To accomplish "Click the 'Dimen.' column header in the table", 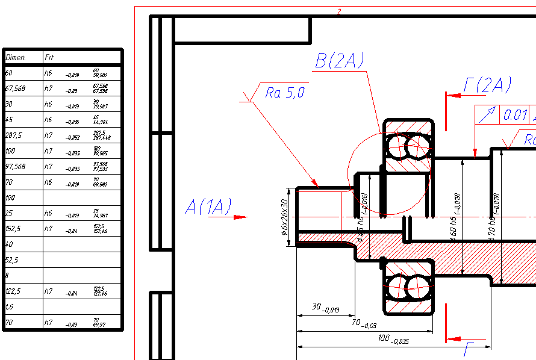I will (x=16, y=58).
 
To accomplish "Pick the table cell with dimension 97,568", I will (x=16, y=167).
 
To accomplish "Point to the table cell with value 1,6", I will (x=10, y=307).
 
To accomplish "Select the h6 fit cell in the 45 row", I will (x=49, y=120).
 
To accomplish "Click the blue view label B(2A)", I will (x=340, y=60).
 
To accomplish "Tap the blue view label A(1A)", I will (x=208, y=207).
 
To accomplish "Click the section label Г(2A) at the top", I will (x=487, y=86).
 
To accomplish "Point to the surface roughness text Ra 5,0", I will (x=285, y=93).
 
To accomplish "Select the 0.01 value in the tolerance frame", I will (x=516, y=114).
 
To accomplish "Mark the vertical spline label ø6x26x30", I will (x=284, y=217).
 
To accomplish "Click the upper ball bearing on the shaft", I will (x=408, y=146).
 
